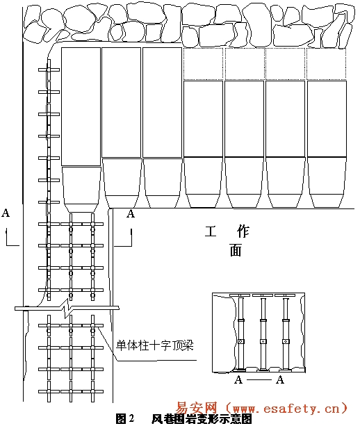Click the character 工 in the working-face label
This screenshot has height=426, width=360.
tap(211, 231)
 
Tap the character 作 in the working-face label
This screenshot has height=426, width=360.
tap(243, 231)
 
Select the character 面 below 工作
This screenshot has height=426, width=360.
tap(236, 250)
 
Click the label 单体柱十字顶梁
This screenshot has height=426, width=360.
tap(154, 345)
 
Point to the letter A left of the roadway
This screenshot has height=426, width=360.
tap(6, 213)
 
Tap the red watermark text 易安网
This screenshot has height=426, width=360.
tap(197, 408)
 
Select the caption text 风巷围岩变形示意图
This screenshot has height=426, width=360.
tap(202, 419)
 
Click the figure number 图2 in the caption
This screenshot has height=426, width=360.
tap(125, 418)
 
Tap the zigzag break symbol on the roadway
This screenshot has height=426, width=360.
tap(66, 309)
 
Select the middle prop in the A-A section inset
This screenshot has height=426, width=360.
tap(263, 334)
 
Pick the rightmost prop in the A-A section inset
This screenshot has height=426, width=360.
tap(285, 334)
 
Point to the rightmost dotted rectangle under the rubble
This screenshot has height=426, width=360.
tap(327, 64)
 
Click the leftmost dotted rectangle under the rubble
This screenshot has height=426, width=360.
tap(203, 64)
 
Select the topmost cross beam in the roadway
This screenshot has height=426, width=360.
tap(49, 69)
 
